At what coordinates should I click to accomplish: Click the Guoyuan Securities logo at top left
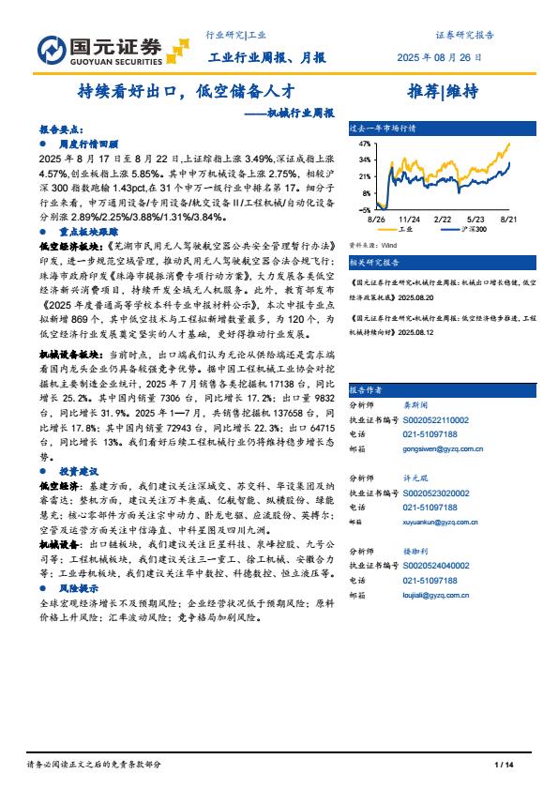[x=101, y=49]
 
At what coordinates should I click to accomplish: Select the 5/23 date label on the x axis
[x=475, y=217]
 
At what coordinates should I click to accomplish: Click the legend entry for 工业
[x=403, y=228]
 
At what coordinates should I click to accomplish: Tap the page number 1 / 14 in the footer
[x=505, y=766]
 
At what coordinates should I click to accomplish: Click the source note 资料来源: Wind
[x=372, y=245]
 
